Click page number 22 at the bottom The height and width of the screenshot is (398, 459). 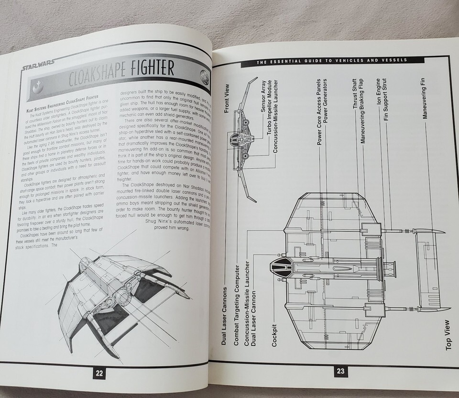click(x=99, y=373)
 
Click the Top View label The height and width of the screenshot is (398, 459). click(x=448, y=334)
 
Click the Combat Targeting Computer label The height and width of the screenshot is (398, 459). click(x=235, y=309)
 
